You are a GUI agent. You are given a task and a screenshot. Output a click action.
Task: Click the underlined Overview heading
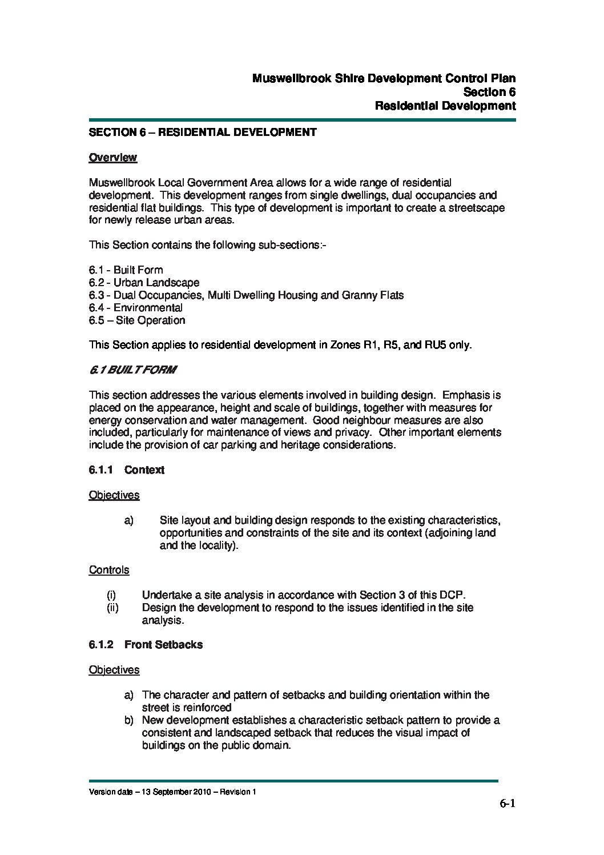[x=112, y=158]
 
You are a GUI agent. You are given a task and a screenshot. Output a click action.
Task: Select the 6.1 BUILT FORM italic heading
[x=132, y=370]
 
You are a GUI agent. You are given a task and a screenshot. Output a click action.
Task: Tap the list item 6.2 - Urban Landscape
[x=144, y=283]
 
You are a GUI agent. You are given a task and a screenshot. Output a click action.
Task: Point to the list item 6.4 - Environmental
[x=135, y=308]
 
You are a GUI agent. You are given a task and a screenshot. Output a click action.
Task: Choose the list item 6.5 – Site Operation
[x=137, y=320]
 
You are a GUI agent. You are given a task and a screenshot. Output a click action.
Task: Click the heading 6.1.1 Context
[x=126, y=470]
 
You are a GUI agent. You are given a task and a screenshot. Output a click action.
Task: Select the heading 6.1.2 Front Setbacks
[x=146, y=645]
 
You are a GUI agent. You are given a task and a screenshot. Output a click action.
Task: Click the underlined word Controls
[x=109, y=570]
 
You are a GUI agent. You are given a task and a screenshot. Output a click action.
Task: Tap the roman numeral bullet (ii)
[x=113, y=608]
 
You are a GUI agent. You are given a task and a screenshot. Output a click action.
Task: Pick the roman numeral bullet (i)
[x=112, y=595]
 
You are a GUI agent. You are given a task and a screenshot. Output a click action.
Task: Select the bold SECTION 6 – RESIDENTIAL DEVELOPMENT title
[x=202, y=133]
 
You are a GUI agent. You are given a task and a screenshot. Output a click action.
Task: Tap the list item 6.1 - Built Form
[x=126, y=270]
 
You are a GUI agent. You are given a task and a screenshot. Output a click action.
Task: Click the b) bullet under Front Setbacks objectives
[x=130, y=720]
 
